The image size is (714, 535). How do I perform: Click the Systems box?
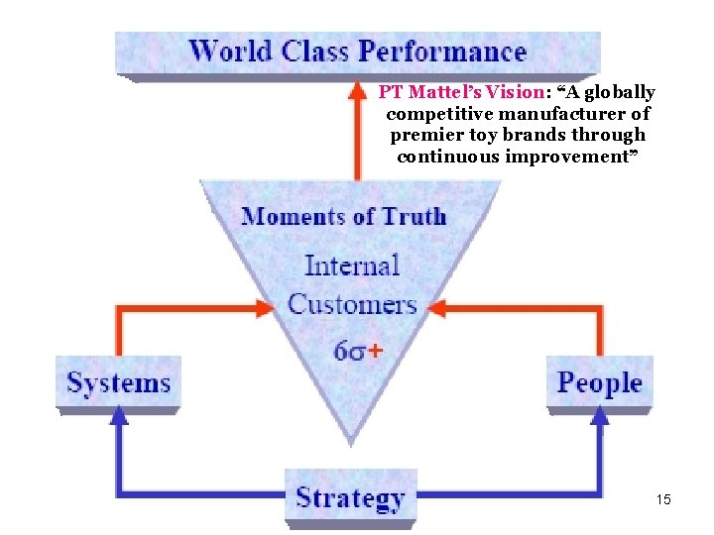pyautogui.click(x=119, y=382)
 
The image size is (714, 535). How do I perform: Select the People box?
pyautogui.click(x=599, y=382)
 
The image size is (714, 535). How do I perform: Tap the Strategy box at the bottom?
pyautogui.click(x=350, y=497)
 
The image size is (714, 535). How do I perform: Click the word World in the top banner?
pyautogui.click(x=230, y=52)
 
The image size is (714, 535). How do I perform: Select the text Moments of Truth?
pyautogui.click(x=343, y=216)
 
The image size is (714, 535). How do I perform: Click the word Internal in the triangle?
pyautogui.click(x=351, y=266)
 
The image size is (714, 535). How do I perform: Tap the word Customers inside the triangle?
pyautogui.click(x=351, y=303)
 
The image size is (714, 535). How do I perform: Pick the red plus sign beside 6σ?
pyautogui.click(x=376, y=349)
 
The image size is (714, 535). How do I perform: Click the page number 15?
pyautogui.click(x=663, y=499)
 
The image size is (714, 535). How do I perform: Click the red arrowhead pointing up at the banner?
pyautogui.click(x=358, y=92)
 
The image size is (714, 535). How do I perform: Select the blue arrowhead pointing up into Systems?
pyautogui.click(x=120, y=417)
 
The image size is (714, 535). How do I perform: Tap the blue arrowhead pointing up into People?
pyautogui.click(x=599, y=417)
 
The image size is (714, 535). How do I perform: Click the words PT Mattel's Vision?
pyautogui.click(x=461, y=92)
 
